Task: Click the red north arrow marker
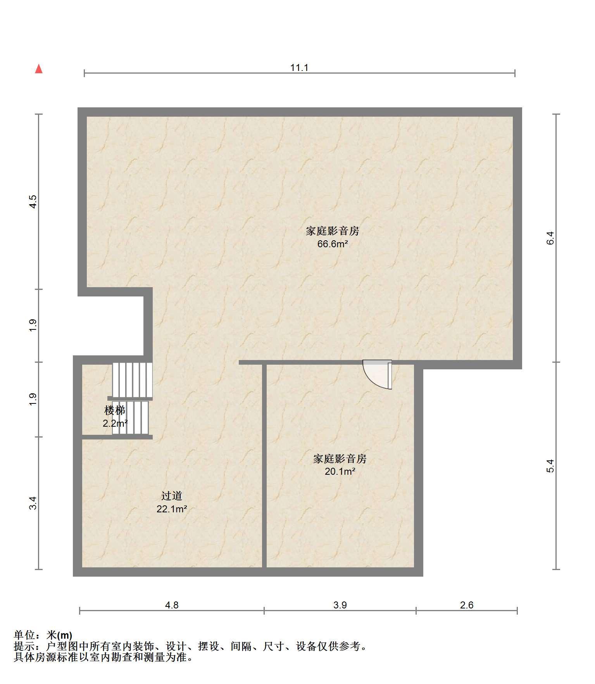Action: pos(39,69)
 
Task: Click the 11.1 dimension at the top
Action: pos(299,68)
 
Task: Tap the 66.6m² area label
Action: pos(333,244)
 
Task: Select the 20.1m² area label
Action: pos(340,472)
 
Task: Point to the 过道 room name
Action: pos(172,496)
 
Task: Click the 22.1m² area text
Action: pos(172,509)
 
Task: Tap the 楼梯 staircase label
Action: pos(115,410)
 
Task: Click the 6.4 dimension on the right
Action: pos(551,238)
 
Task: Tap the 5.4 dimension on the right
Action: pos(551,465)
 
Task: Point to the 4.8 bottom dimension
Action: pos(172,605)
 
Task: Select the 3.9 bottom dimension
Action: pos(340,605)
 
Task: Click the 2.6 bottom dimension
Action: pos(467,605)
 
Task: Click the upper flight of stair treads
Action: pos(132,380)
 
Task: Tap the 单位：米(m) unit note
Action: pos(43,635)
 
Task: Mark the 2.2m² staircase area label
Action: pos(115,424)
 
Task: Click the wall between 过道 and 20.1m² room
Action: pos(264,466)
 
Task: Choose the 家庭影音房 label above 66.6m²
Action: pos(333,231)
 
